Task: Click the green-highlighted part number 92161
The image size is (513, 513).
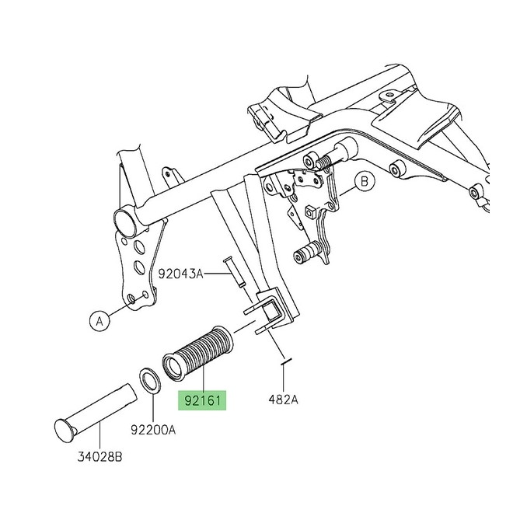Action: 203,402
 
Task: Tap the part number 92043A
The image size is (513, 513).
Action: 180,274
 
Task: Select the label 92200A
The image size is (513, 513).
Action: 152,428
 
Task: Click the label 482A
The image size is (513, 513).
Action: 284,400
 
